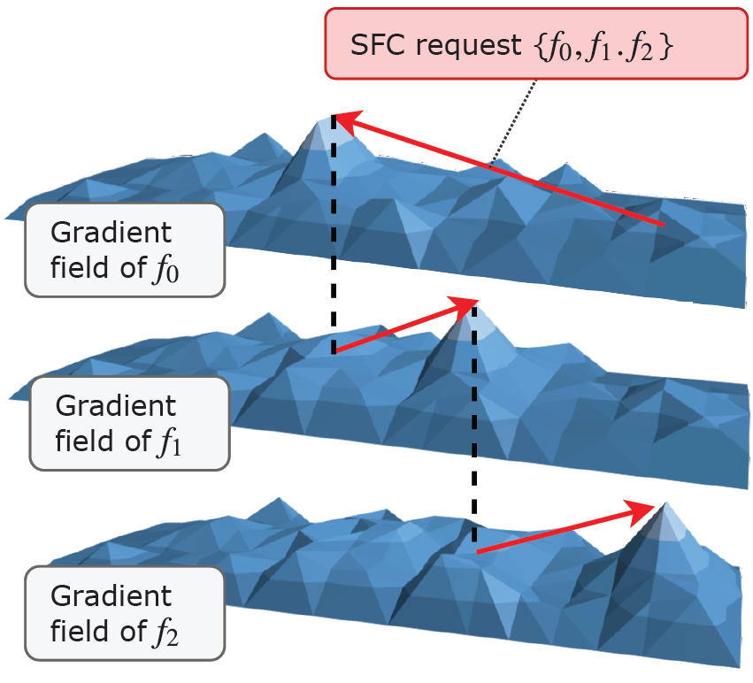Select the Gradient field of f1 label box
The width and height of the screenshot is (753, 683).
128,422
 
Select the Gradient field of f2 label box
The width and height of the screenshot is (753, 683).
124,613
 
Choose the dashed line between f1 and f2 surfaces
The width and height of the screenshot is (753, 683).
474,425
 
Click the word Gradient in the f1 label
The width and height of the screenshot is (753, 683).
115,406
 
